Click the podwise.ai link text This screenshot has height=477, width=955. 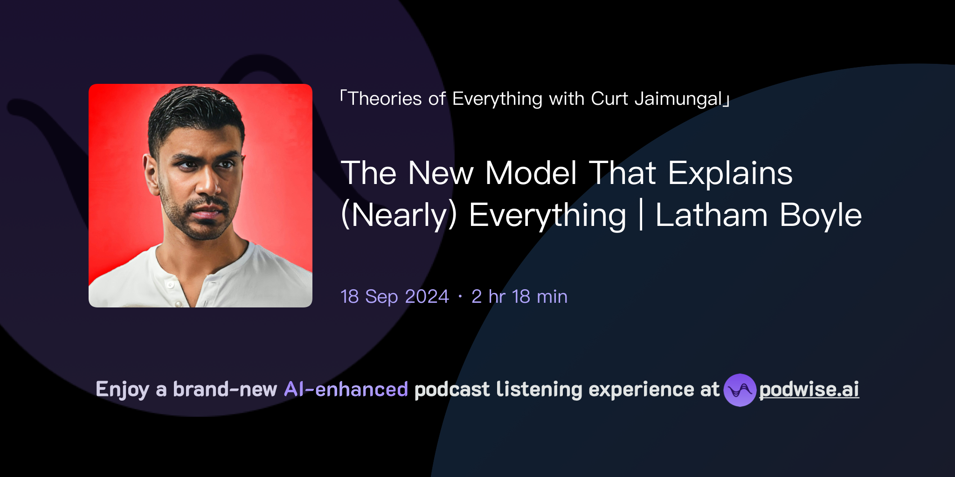point(809,389)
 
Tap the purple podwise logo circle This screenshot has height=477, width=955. point(740,390)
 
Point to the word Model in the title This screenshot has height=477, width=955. point(531,173)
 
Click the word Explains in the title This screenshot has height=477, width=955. point(730,173)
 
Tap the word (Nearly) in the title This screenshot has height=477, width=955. point(399,215)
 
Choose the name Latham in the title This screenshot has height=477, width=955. point(711,215)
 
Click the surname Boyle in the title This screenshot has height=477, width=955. point(821,215)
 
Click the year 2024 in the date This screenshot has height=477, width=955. point(427,297)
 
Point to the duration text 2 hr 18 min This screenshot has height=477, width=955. point(519,297)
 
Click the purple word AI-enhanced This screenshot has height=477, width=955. point(346,389)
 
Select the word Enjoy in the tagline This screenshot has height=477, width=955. point(123,389)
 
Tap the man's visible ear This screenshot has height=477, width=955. point(151,175)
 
